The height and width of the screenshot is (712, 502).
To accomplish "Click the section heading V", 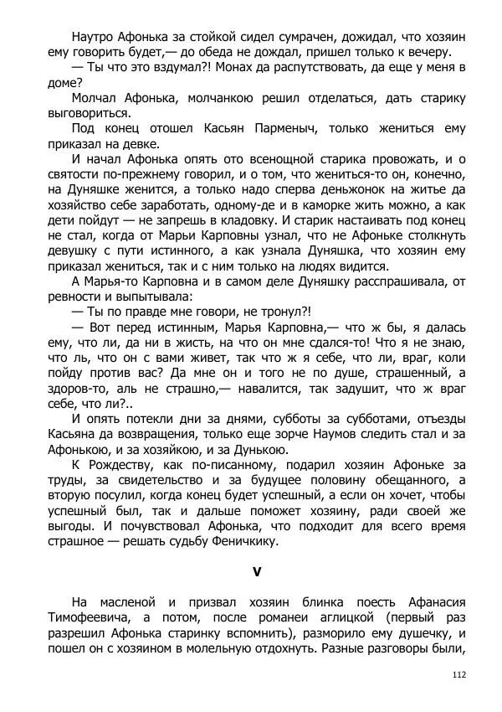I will [257, 572].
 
